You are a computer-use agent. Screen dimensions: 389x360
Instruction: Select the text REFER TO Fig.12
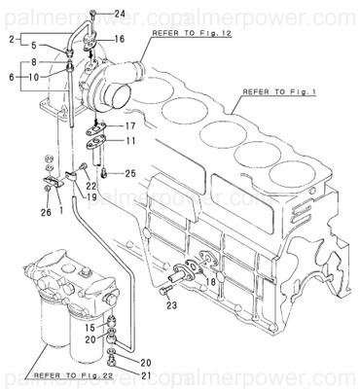(x=193, y=33)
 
